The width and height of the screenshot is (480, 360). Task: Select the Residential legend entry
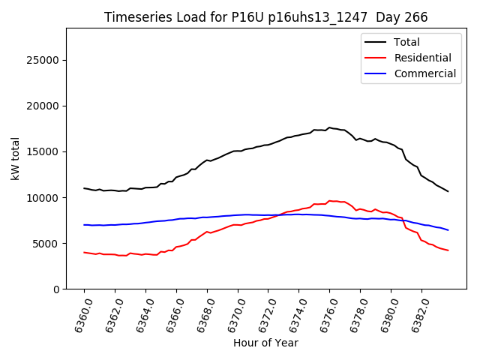422,58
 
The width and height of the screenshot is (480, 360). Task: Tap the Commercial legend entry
424,73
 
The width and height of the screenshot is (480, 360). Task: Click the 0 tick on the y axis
57,289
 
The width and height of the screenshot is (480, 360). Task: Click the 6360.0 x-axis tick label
79,313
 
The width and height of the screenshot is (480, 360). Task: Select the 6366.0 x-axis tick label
172,313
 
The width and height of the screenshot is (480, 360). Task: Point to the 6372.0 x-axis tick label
263,313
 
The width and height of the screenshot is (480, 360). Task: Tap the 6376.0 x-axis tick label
325,313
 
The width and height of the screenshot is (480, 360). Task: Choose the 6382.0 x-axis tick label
416,313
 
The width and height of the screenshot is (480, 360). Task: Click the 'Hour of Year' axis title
265,343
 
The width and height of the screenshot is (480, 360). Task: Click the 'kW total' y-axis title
15,158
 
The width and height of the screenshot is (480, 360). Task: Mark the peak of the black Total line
328,127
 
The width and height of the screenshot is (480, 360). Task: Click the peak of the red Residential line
329,200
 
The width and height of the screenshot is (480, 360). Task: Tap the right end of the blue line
448,230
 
